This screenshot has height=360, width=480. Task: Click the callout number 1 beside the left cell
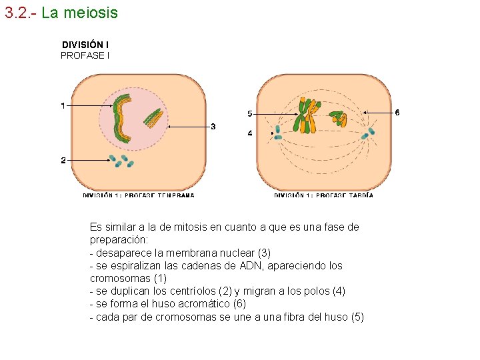click(x=63, y=105)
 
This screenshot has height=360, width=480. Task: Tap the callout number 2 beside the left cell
click(x=63, y=160)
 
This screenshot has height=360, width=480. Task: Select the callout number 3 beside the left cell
click(x=213, y=127)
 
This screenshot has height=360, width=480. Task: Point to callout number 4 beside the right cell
click(x=249, y=133)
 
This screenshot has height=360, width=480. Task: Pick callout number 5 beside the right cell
click(x=249, y=113)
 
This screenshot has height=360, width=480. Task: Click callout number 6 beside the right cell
click(x=397, y=112)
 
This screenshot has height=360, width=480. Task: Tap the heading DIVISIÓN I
click(x=85, y=45)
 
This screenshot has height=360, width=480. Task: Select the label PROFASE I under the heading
click(x=85, y=55)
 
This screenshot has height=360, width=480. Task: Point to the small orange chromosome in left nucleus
click(x=153, y=118)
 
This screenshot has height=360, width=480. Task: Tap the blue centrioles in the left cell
click(x=122, y=161)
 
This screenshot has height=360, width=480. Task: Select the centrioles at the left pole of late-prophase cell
click(x=278, y=133)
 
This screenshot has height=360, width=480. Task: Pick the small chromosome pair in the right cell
click(x=339, y=119)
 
